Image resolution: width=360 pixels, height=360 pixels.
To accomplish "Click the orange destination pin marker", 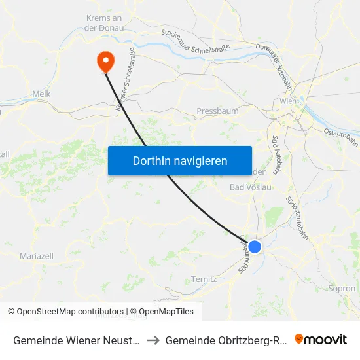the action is pos(105,62).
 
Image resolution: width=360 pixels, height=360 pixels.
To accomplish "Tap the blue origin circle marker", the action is pos(255,246).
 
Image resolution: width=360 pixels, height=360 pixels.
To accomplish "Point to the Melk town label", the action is pos(41,94).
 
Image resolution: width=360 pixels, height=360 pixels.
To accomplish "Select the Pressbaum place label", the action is pos(217,111).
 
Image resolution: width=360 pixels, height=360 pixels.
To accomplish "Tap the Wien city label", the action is pos(288,101).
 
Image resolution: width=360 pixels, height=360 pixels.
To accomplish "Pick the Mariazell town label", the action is pos(37,256).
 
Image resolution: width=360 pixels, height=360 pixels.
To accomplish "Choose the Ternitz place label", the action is pos(204,279).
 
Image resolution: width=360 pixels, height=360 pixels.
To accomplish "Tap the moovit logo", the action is pos(321,340).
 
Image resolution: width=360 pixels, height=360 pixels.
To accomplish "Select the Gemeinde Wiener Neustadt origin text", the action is pos(75,340).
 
